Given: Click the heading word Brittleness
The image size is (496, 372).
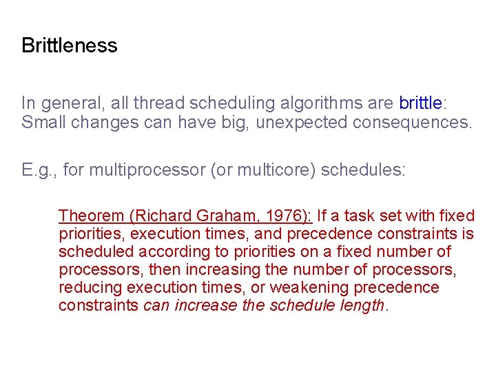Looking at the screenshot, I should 70,46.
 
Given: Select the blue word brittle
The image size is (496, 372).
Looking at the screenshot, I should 420,103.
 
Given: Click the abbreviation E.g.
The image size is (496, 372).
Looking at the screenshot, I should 38,169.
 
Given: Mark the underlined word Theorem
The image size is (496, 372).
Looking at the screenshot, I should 90,216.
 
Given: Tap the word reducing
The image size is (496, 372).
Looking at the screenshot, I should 88,288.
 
